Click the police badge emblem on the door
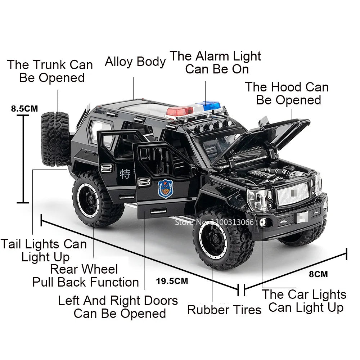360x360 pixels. tap(165, 189)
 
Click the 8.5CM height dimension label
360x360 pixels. tap(24, 108)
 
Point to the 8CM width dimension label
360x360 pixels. tap(319, 274)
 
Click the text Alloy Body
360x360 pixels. tap(135, 62)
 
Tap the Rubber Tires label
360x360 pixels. tap(224, 310)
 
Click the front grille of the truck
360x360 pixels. tap(293, 193)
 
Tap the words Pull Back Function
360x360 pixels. tap(86, 282)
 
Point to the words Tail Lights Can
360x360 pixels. tap(44, 244)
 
